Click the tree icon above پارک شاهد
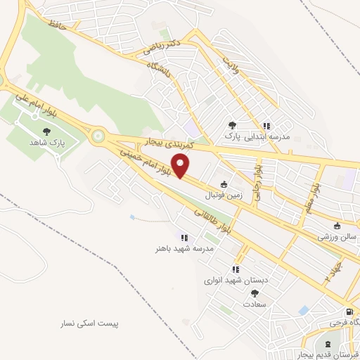pyautogui.click(x=47, y=131)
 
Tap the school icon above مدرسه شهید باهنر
pyautogui.click(x=184, y=238)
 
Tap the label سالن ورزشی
pyautogui.click(x=337, y=237)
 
